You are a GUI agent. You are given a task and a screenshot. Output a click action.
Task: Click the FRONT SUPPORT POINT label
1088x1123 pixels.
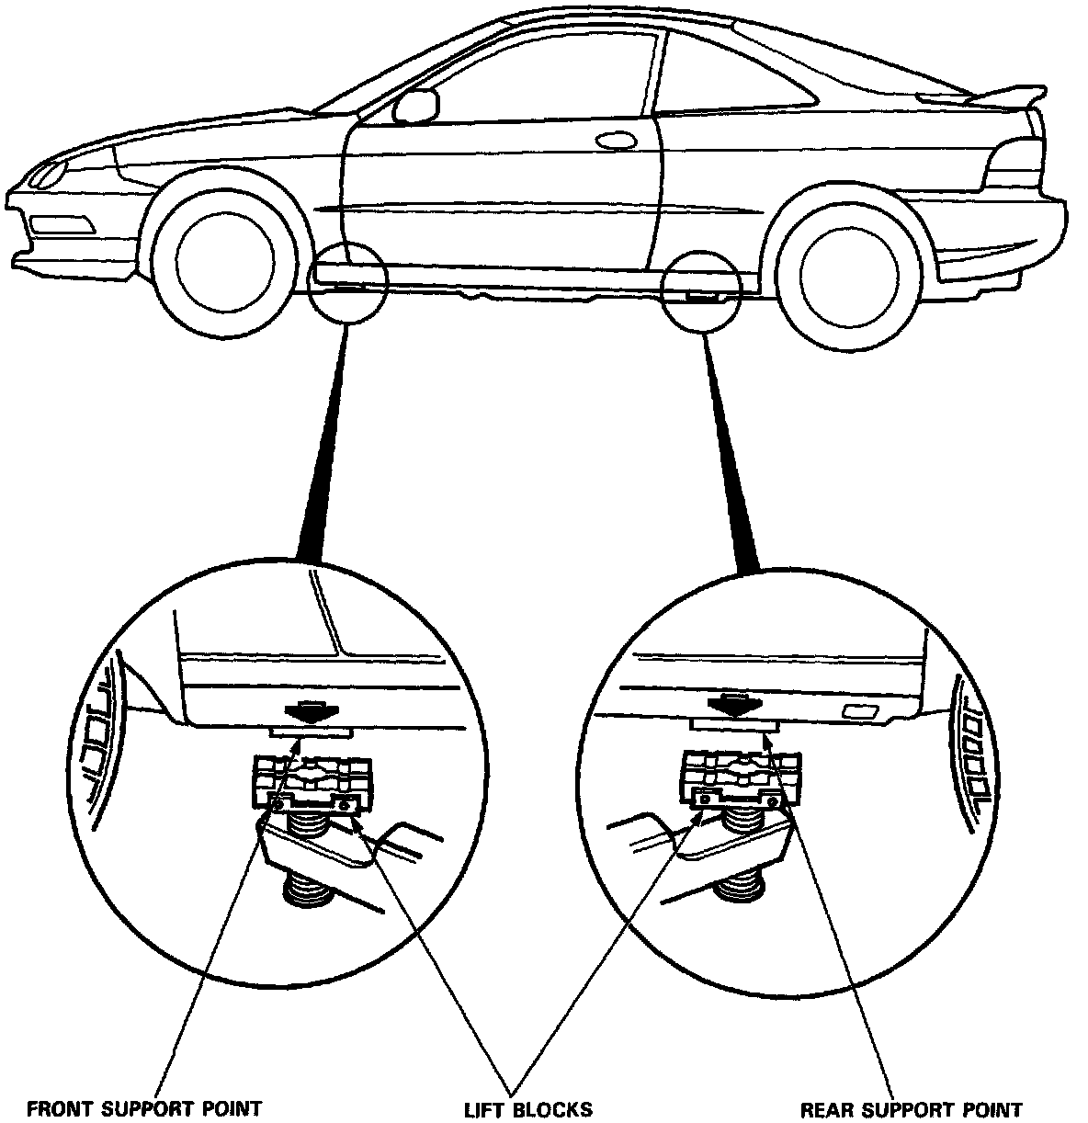point(144,1109)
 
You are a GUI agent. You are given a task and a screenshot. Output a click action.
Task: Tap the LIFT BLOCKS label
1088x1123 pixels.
point(527,1109)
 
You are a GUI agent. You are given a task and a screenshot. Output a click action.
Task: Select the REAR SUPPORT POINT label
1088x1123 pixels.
point(911,1109)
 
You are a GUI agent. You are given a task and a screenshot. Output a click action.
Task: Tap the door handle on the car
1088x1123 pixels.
point(618,141)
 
